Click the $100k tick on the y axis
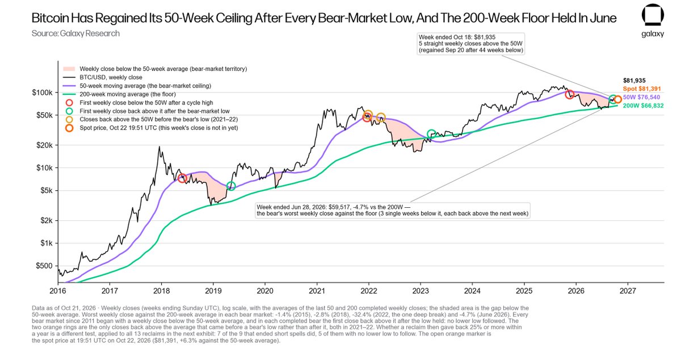[42, 93]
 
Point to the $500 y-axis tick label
[44, 266]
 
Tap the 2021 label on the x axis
[317, 291]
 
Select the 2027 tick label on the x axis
[628, 291]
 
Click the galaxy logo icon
[653, 15]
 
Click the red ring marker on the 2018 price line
[182, 178]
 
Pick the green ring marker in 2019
[231, 186]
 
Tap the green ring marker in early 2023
[431, 133]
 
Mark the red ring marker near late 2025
[569, 94]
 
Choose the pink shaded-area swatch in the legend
[69, 69]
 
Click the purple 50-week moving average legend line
[69, 86]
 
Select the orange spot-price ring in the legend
[69, 128]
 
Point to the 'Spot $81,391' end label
[642, 89]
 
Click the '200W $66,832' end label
[644, 106]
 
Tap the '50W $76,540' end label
[641, 97]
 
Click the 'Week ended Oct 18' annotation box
[471, 44]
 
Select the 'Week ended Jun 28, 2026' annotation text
[393, 210]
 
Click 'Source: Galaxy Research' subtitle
[75, 34]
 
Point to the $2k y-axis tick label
[46, 220]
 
